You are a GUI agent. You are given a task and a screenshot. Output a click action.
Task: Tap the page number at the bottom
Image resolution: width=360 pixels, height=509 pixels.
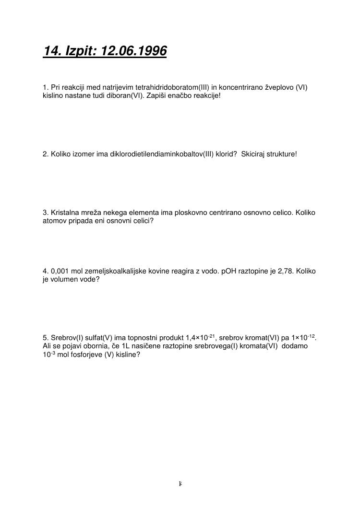point(180,484)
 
